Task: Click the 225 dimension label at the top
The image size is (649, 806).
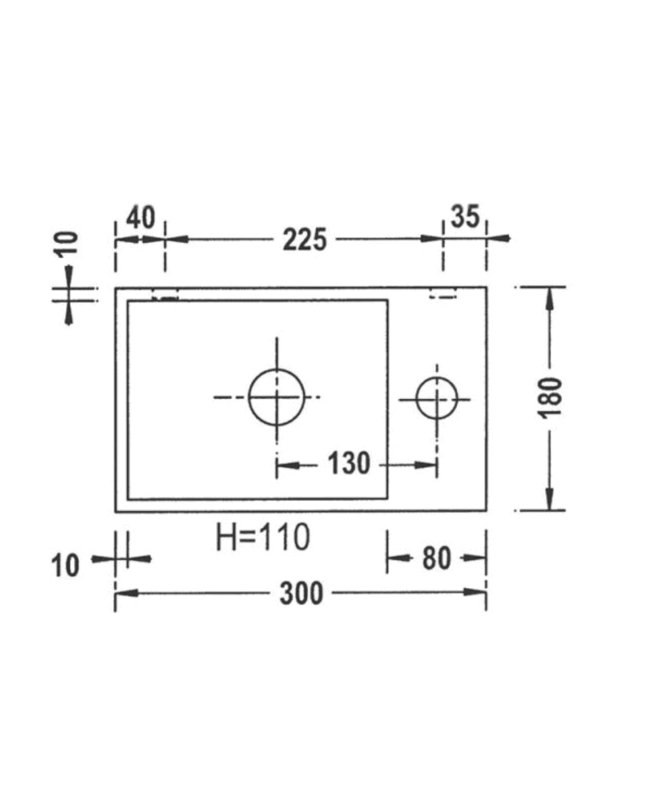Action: pyautogui.click(x=305, y=240)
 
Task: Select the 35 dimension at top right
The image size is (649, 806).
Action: pyautogui.click(x=464, y=217)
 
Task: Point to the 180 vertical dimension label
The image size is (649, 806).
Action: pyautogui.click(x=551, y=397)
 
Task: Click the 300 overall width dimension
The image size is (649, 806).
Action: pyautogui.click(x=301, y=594)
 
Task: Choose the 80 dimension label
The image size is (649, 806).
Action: pyautogui.click(x=436, y=558)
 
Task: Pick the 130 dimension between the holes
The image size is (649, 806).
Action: pyautogui.click(x=349, y=463)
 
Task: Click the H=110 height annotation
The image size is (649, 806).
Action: pyautogui.click(x=262, y=537)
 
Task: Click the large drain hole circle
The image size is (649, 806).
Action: pyautogui.click(x=276, y=397)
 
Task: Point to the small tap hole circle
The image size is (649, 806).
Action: pyautogui.click(x=437, y=399)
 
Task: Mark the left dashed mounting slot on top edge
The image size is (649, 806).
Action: pyautogui.click(x=164, y=297)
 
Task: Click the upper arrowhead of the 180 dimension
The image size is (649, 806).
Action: pyautogui.click(x=551, y=296)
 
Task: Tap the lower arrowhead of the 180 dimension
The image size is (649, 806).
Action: pyautogui.click(x=551, y=501)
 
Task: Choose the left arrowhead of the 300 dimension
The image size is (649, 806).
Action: pyautogui.click(x=123, y=594)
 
